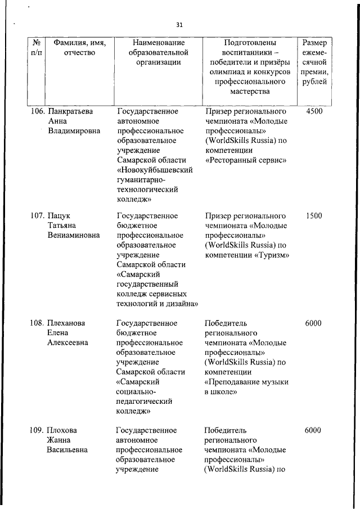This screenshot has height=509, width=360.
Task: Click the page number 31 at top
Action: point(179,25)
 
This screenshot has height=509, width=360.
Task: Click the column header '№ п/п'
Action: point(37,47)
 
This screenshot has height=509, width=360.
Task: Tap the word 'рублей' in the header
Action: point(316,83)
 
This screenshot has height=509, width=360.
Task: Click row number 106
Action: point(38,111)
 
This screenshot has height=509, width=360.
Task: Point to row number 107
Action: point(38,215)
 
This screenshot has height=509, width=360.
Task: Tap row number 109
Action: point(38,430)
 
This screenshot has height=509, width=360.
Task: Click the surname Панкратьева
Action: point(70,111)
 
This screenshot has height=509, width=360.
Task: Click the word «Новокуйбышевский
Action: point(155,170)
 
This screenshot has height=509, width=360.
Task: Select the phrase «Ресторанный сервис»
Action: point(246,160)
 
